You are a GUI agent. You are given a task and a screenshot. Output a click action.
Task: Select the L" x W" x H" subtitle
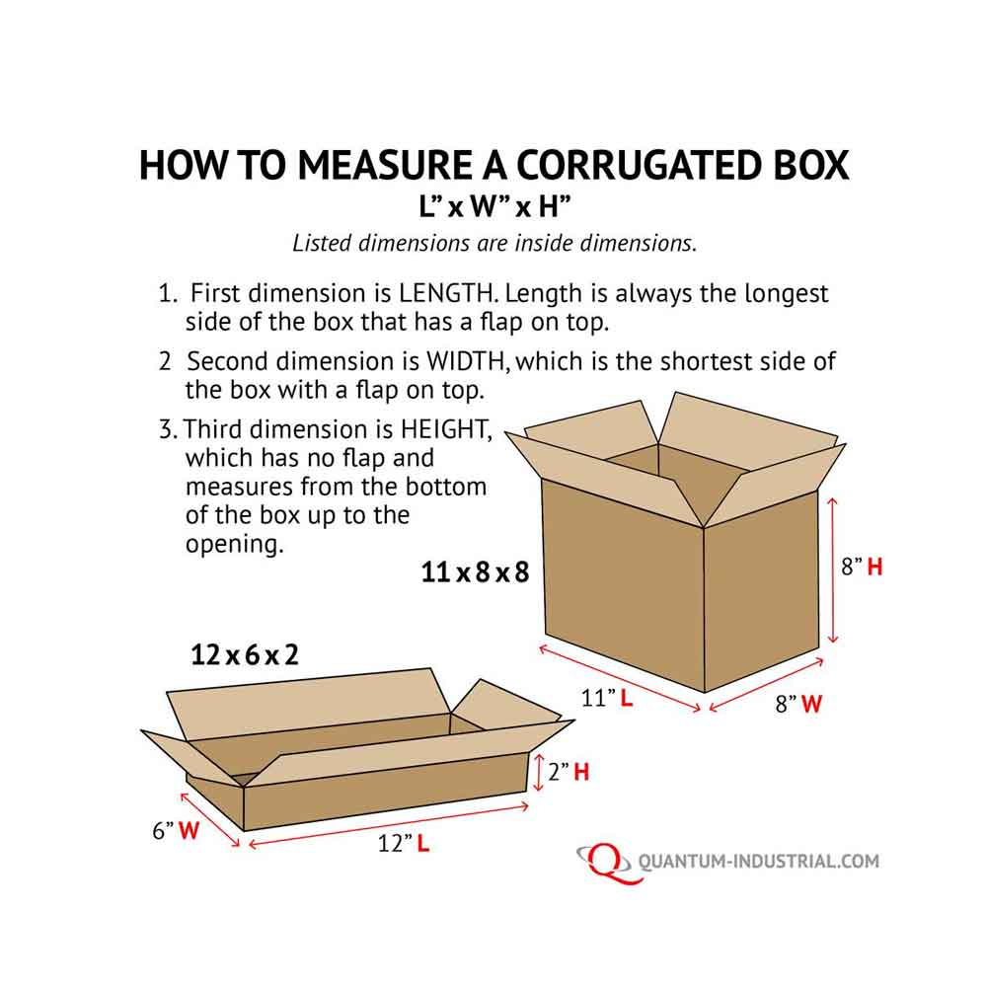tap(493, 208)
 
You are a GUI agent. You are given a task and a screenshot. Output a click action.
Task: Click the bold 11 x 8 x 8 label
tap(476, 572)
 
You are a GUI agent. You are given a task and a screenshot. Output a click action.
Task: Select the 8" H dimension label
tap(861, 568)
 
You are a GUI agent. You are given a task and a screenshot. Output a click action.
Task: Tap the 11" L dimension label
tap(607, 700)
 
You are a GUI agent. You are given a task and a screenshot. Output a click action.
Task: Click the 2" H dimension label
tap(569, 772)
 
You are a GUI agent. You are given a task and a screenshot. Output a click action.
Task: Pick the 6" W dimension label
tap(176, 831)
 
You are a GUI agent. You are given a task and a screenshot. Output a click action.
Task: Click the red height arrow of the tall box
tap(833, 569)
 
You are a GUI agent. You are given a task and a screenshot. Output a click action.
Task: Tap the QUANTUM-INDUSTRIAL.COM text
tap(758, 862)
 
